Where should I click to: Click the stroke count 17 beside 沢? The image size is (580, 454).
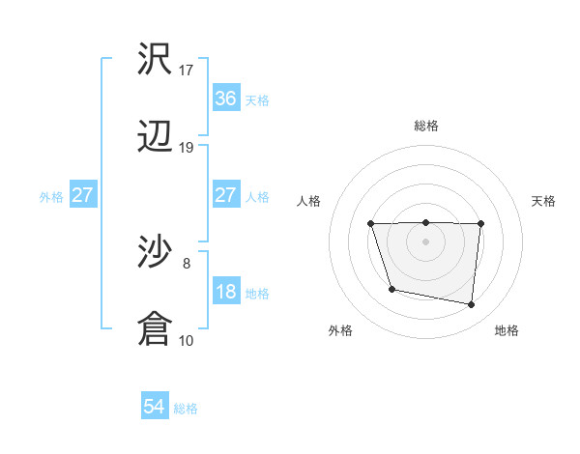pos(187,70)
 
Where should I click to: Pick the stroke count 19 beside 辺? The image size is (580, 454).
pos(187,148)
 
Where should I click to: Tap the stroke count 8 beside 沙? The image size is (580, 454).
pos(187,263)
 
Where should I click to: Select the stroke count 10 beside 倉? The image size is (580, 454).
pos(187,340)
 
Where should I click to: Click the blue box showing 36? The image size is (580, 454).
pos(225,99)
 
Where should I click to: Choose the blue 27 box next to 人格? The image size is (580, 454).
pos(225,195)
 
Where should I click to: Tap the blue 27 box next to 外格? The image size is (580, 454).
pos(83,195)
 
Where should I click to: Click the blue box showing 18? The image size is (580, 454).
pos(225,292)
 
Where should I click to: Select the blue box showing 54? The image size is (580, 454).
pos(155,408)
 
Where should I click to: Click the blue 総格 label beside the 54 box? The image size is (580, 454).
pos(186,409)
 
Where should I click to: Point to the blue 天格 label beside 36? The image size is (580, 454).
pos(257,99)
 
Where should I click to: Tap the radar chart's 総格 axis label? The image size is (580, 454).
pos(425,126)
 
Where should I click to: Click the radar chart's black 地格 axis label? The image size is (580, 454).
pos(507,331)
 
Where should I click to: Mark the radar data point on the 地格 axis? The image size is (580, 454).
pos(472,305)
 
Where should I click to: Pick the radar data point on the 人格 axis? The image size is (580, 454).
pos(371,224)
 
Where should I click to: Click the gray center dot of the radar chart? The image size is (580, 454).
pos(425,241)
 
